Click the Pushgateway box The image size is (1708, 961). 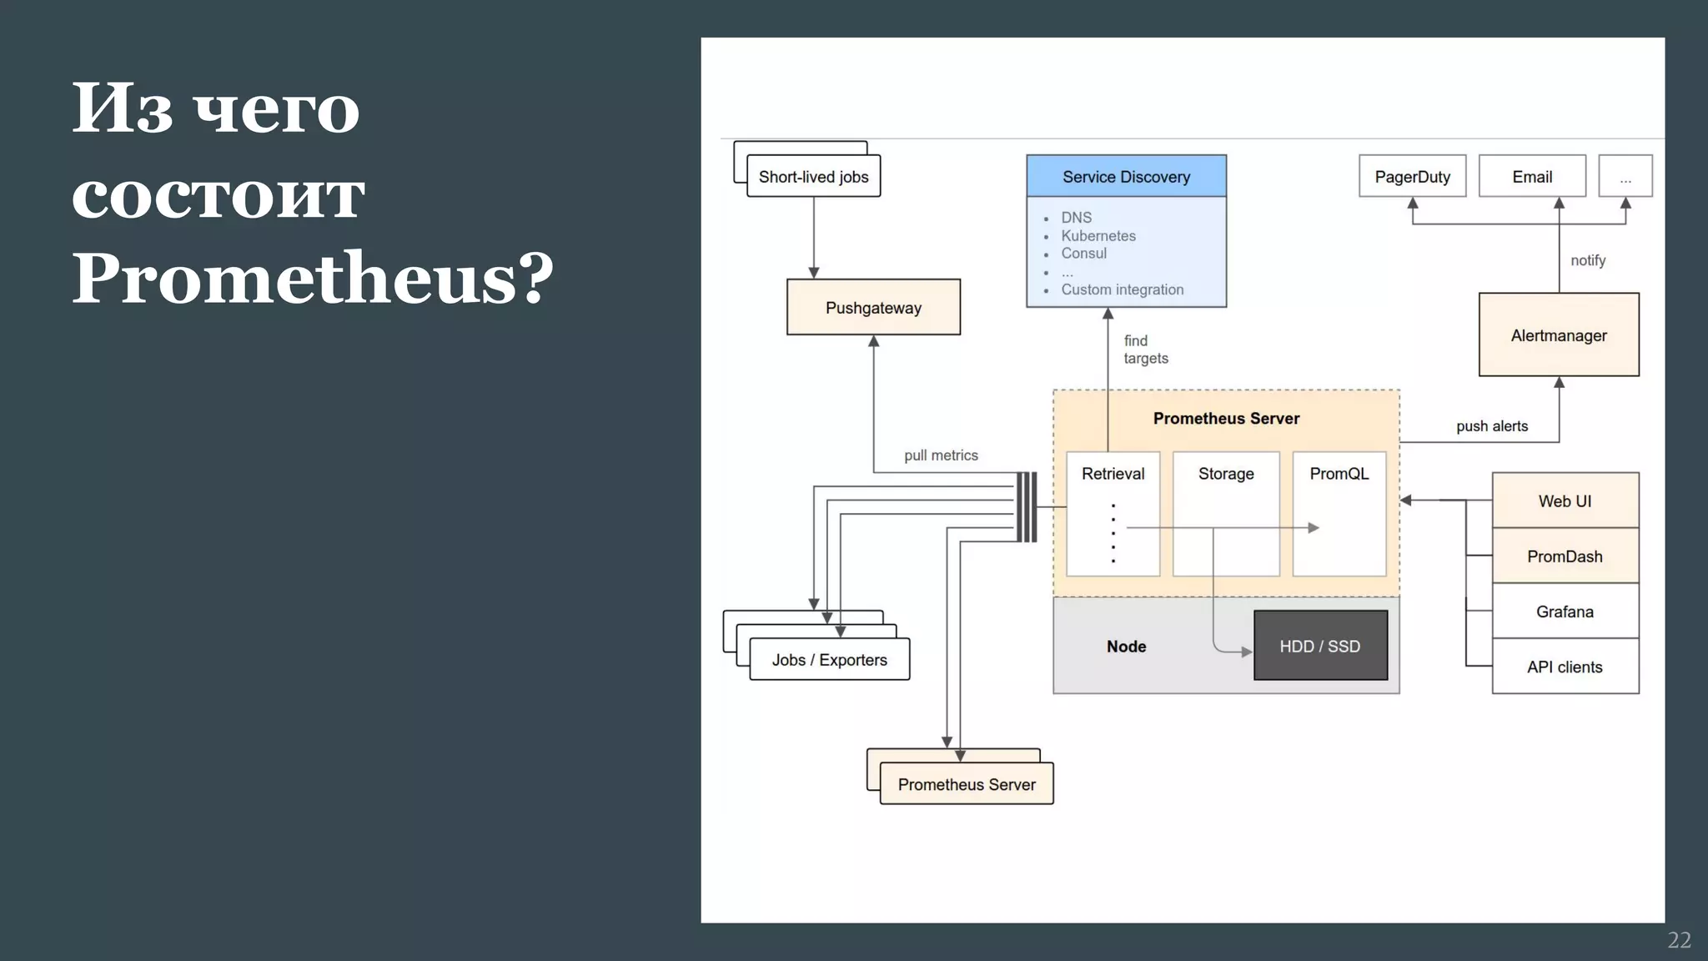873,307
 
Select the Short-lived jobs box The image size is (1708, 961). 813,177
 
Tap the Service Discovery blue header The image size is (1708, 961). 1126,176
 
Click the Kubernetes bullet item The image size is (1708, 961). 1098,236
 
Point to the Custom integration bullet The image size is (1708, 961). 1122,289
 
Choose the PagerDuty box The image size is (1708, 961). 1412,176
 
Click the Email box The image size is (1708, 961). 1532,176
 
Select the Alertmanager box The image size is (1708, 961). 1558,335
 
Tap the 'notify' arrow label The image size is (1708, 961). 1588,260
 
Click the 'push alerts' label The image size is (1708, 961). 1492,426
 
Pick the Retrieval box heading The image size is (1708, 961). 1113,474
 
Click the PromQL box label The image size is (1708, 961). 1339,474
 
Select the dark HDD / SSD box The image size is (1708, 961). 1319,646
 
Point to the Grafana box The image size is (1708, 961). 1565,611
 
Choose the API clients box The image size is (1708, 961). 1565,667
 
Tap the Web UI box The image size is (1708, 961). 1565,501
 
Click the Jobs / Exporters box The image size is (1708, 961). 829,660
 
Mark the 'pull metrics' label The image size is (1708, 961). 941,455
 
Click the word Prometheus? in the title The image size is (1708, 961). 312,278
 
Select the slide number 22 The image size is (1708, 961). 1679,940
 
